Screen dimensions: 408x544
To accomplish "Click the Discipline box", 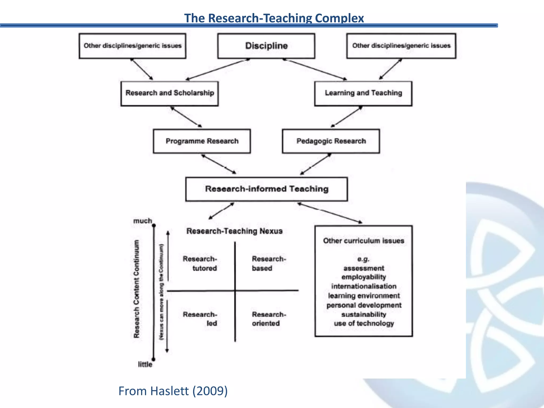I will pyautogui.click(x=266, y=46).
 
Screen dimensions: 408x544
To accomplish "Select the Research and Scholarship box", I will pyautogui.click(x=169, y=93).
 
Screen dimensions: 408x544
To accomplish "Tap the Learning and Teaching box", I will pyautogui.click(x=363, y=93).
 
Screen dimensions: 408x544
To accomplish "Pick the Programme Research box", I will pyautogui.click(x=202, y=141).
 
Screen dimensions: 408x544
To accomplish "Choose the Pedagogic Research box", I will pyautogui.click(x=331, y=141).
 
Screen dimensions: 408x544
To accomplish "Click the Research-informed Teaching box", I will pyautogui.click(x=266, y=189).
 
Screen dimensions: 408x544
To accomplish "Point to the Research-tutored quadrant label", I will pyautogui.click(x=200, y=263).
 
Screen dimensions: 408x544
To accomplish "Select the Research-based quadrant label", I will pyautogui.click(x=269, y=263).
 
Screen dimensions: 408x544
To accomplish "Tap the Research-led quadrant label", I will pyautogui.click(x=200, y=319).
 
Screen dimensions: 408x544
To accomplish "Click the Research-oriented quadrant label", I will pyautogui.click(x=269, y=319).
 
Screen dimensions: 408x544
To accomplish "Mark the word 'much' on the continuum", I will pyautogui.click(x=143, y=221).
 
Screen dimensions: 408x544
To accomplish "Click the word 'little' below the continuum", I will pyautogui.click(x=145, y=364).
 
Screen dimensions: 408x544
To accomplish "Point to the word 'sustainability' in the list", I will pyautogui.click(x=364, y=314).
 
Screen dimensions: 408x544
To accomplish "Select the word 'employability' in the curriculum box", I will pyautogui.click(x=364, y=277).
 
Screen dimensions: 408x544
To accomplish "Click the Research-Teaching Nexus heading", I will pyautogui.click(x=234, y=231).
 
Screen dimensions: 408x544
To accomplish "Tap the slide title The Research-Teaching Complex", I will pyautogui.click(x=274, y=18).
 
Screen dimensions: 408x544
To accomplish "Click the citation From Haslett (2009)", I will pyautogui.click(x=173, y=391).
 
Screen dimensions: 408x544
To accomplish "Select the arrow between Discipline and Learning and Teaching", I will pyautogui.click(x=315, y=69).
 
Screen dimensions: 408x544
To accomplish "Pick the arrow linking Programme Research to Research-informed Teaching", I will pyautogui.click(x=219, y=164).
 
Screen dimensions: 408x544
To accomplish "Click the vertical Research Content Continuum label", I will pyautogui.click(x=137, y=289).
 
